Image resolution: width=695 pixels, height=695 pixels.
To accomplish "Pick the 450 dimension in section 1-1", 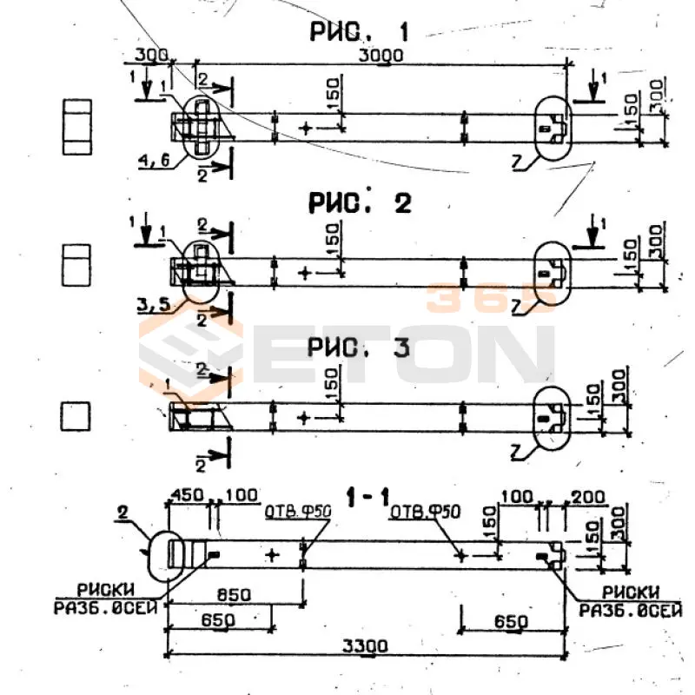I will [187, 494].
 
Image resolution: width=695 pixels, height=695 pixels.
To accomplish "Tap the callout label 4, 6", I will [153, 158].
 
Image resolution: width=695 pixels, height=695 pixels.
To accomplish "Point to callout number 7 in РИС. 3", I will [519, 452].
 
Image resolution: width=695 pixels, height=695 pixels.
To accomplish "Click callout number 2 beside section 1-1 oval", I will [122, 514].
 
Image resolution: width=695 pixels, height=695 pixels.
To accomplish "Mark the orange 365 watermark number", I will [490, 296].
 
